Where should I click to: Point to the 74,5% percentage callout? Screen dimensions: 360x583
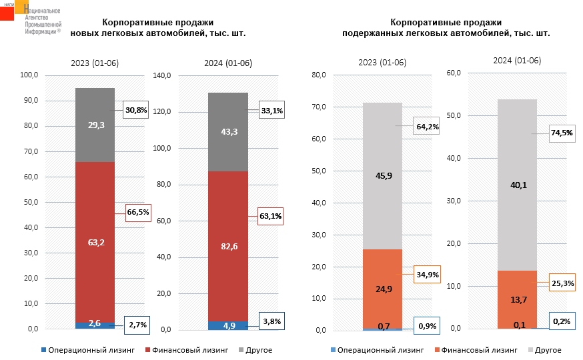(x=561, y=133)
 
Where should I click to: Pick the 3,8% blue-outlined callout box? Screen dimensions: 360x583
(x=271, y=321)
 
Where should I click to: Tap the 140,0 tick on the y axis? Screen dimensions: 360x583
(x=163, y=75)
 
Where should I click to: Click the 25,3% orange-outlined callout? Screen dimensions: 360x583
(x=561, y=283)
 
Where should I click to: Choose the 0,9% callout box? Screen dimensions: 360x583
(x=426, y=326)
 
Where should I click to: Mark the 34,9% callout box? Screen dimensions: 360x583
(x=427, y=274)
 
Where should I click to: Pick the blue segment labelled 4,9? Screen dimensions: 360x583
(x=227, y=325)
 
